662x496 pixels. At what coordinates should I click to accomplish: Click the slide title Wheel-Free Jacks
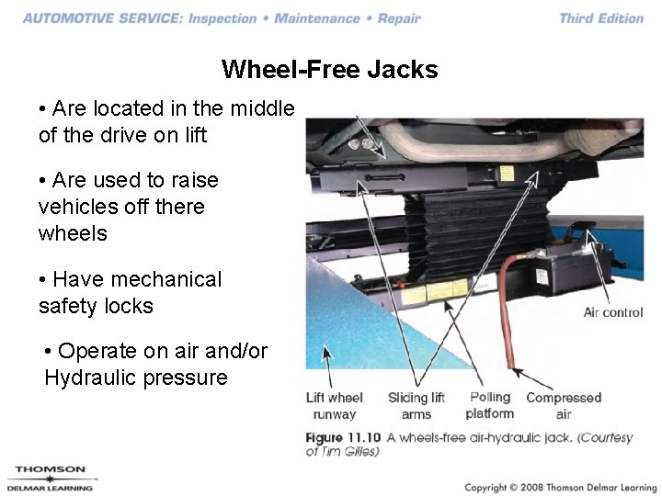[x=330, y=69]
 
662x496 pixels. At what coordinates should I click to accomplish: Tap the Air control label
[x=613, y=312]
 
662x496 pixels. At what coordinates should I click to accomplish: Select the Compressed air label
[x=564, y=405]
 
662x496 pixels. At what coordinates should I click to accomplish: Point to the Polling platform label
[x=490, y=405]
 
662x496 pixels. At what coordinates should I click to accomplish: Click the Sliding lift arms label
[x=417, y=405]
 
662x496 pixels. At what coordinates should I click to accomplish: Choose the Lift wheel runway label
[x=335, y=405]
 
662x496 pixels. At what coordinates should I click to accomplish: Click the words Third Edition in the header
[x=601, y=18]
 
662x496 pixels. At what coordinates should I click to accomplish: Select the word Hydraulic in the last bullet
[x=90, y=378]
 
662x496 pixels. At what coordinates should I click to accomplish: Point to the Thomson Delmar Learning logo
[x=51, y=479]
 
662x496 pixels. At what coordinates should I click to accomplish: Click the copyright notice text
[x=561, y=487]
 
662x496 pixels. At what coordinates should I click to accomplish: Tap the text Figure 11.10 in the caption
[x=343, y=437]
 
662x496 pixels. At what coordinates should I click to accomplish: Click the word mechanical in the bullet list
[x=165, y=279]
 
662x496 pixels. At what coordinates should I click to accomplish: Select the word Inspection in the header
[x=223, y=18]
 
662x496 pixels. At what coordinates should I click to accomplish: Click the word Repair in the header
[x=399, y=18]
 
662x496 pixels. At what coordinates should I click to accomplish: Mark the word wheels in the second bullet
[x=73, y=233]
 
